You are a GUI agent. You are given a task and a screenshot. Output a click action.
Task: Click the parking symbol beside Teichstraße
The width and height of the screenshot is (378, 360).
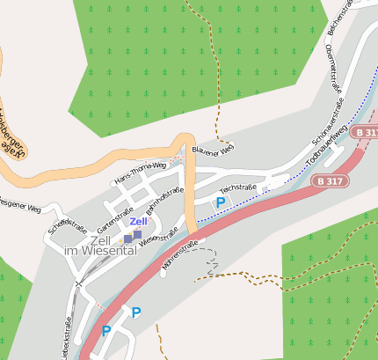coord(221,202)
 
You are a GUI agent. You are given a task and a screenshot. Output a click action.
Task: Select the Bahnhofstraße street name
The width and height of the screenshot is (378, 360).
coord(164,200)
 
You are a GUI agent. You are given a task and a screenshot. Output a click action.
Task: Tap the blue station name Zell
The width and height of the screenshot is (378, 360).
coord(138,222)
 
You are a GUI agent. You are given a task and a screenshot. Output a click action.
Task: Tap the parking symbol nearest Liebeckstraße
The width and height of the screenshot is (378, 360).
coord(106,331)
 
